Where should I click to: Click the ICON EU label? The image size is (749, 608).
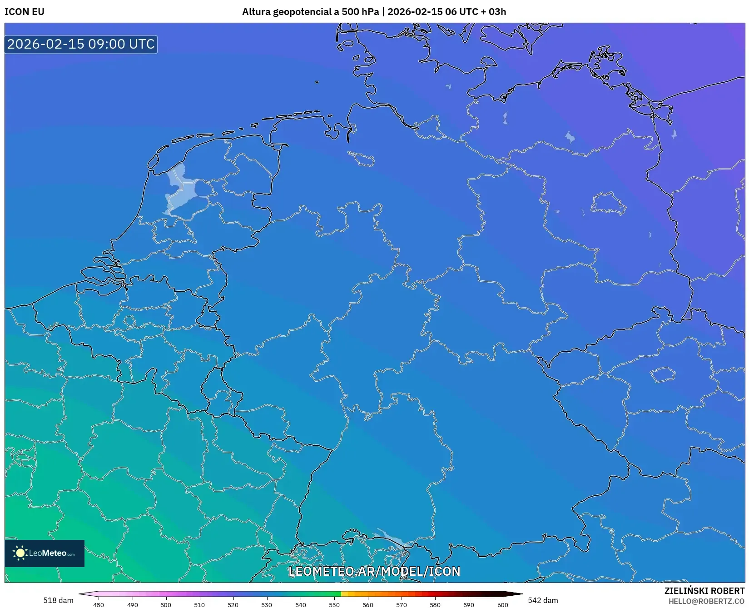point(25,12)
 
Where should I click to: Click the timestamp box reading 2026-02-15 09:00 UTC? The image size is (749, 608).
point(81,44)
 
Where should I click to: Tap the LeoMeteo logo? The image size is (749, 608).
point(45,553)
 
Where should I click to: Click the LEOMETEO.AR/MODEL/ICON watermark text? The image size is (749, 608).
point(374,571)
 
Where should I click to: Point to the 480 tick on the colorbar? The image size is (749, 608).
point(99,604)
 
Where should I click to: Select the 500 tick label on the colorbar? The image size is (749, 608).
point(166,604)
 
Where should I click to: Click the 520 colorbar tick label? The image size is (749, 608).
point(233,604)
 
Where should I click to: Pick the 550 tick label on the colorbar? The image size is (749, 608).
point(334,604)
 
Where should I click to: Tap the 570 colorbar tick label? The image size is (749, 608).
point(402,604)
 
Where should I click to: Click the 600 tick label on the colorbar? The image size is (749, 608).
point(502,604)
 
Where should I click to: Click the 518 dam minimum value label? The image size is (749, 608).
point(58,600)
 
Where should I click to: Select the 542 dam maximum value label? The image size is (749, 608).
point(543,600)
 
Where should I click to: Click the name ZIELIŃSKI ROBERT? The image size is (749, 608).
point(704,591)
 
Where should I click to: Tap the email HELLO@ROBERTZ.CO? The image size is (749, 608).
point(706,601)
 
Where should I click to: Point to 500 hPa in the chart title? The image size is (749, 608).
point(360,12)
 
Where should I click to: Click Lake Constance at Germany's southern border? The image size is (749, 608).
point(393,539)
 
